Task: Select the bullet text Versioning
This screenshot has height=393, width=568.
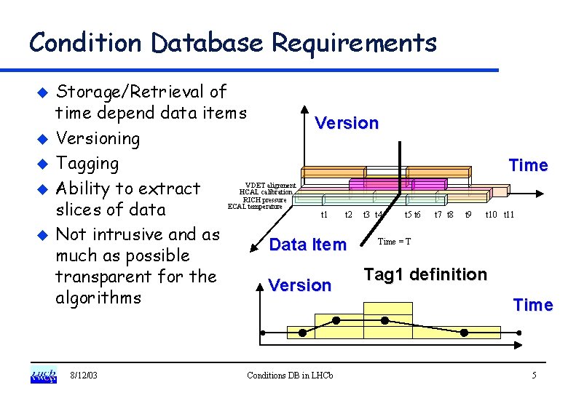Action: pyautogui.click(x=98, y=138)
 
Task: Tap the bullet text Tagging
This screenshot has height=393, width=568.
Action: pyautogui.click(x=87, y=163)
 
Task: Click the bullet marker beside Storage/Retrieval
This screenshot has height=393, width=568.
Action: pyautogui.click(x=42, y=93)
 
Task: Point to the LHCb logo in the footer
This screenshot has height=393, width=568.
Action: pyautogui.click(x=43, y=376)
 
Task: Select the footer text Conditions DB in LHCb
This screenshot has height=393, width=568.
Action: pyautogui.click(x=290, y=376)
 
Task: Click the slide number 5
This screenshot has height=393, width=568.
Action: pyautogui.click(x=534, y=376)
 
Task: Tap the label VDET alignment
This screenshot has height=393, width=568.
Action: pyautogui.click(x=270, y=186)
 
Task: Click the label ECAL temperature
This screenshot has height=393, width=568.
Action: pyautogui.click(x=255, y=207)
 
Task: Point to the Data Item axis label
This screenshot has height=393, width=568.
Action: pyautogui.click(x=308, y=245)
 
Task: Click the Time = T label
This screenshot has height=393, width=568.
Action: pyautogui.click(x=394, y=242)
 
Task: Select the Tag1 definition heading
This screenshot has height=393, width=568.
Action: pyautogui.click(x=425, y=274)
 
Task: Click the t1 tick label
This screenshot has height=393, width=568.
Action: pyautogui.click(x=325, y=215)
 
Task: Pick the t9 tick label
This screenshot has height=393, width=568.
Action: pyautogui.click(x=469, y=215)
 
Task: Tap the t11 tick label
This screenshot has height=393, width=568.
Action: pyautogui.click(x=509, y=215)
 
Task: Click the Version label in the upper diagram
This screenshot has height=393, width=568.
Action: pyautogui.click(x=347, y=123)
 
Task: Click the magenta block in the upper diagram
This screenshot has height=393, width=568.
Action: pyautogui.click(x=379, y=184)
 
